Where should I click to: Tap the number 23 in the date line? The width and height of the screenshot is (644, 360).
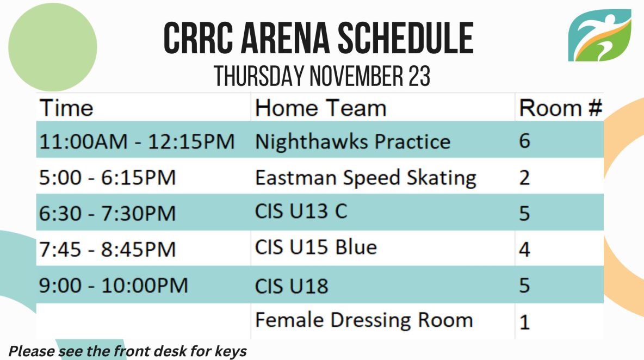[419, 76]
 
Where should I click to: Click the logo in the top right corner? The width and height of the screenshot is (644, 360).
[599, 35]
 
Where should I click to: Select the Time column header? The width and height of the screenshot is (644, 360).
[66, 108]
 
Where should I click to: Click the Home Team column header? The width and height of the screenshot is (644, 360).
[321, 108]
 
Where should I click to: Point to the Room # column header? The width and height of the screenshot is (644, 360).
[560, 108]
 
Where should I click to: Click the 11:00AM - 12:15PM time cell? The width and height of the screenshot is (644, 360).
[137, 141]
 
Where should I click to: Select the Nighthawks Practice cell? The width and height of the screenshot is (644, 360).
[352, 141]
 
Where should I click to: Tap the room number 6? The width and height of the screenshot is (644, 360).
[524, 141]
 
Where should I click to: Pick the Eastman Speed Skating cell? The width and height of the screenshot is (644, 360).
[366, 178]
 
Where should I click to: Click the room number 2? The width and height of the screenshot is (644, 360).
[524, 178]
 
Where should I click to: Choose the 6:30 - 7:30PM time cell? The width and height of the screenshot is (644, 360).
[107, 214]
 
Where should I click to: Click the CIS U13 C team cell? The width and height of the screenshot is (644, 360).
[301, 212]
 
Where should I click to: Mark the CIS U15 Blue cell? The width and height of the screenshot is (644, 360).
[316, 247]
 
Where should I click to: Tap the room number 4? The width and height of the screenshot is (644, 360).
[524, 249]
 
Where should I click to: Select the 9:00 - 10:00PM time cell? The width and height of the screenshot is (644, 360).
[113, 285]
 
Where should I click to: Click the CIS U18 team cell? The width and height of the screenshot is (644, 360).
[292, 286]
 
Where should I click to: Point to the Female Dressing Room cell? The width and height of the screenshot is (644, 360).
[364, 320]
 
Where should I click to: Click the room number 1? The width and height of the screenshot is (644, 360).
[524, 322]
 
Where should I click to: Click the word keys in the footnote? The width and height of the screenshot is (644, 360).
[231, 352]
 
